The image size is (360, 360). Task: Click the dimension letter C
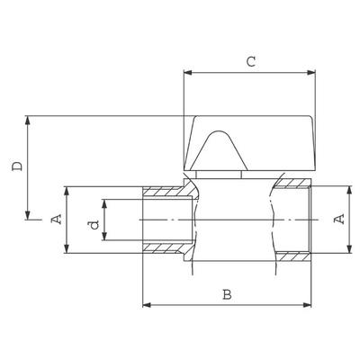coord(251,61)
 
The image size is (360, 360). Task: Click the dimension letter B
coord(227,294)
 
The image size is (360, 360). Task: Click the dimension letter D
coord(17,166)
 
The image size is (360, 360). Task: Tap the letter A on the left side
coord(57,219)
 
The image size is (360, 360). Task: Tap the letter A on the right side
coord(339,219)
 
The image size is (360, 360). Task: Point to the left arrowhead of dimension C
coord(187,73)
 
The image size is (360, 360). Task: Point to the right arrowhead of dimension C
coord(311,73)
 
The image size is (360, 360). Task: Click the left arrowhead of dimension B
coord(147,305)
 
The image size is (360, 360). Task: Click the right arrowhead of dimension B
coord(307,305)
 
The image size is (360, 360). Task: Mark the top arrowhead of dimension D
coord(28,120)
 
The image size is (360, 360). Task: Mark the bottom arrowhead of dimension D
coord(28,215)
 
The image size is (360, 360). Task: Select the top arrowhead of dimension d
coord(104,203)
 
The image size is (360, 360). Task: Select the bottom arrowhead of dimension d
coord(104,236)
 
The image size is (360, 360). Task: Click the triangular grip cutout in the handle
coord(220,150)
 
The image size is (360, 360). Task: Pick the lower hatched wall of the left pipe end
coord(166,248)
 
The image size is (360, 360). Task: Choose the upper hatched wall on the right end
coord(292,184)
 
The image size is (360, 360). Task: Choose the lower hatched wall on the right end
coord(292,256)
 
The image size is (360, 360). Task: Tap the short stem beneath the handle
coord(219,175)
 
